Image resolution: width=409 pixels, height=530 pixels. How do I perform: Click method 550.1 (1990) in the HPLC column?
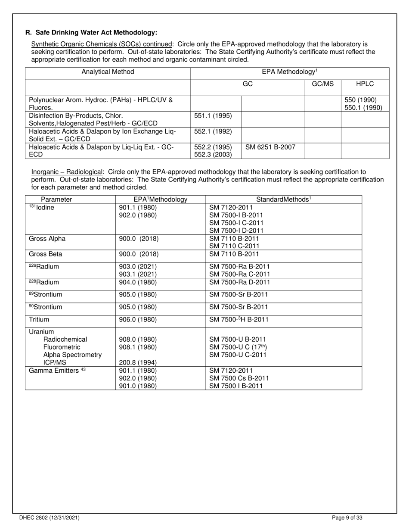[x=363, y=108]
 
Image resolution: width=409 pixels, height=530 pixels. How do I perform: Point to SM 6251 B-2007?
[x=270, y=147]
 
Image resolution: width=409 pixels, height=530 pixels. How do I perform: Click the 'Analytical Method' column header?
[x=108, y=72]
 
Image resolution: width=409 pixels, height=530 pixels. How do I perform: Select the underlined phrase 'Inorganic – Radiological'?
[x=67, y=172]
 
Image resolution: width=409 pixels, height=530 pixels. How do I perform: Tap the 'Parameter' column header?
[x=56, y=200]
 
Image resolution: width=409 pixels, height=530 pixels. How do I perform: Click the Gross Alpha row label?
[x=47, y=239]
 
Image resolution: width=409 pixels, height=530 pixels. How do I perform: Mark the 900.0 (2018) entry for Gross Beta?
[x=138, y=254]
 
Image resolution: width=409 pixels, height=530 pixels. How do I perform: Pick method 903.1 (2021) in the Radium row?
[x=138, y=274]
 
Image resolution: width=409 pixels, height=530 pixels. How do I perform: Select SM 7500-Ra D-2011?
[x=239, y=283]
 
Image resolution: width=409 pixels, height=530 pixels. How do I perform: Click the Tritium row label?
[x=39, y=320]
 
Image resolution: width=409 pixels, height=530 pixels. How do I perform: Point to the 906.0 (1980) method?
[x=138, y=320]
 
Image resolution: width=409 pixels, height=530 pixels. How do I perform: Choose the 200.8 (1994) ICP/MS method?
[x=138, y=363]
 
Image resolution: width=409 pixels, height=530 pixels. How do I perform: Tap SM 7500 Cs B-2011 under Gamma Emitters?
[x=239, y=378]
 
